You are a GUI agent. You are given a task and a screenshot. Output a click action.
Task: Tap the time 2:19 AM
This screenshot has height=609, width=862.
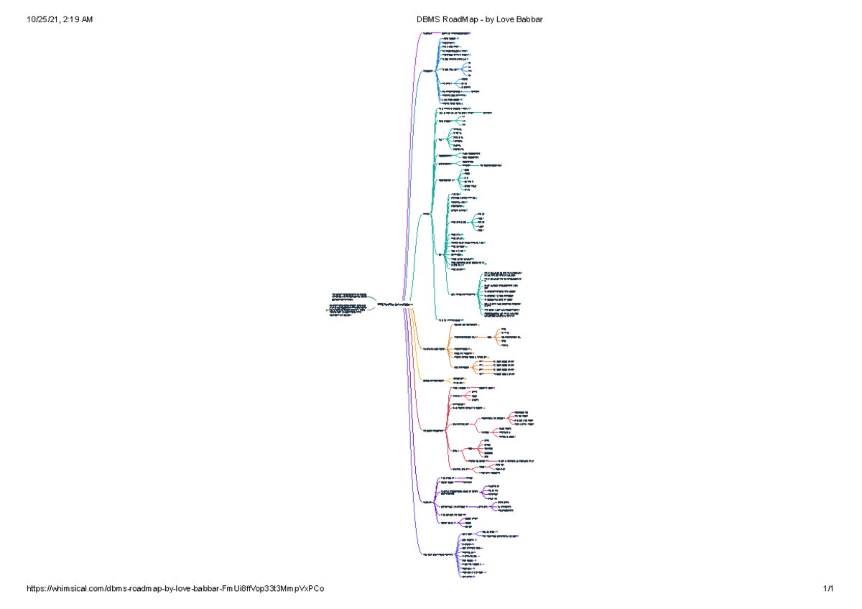pos(78,19)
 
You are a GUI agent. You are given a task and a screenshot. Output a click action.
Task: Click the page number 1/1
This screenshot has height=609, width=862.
pos(828,589)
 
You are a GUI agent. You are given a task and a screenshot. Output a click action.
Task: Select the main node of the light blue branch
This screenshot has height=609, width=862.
pos(429,70)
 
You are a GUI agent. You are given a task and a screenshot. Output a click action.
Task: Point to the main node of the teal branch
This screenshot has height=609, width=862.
pos(427,215)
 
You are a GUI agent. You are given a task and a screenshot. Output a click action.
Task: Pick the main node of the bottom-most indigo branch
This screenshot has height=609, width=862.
pos(437,554)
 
